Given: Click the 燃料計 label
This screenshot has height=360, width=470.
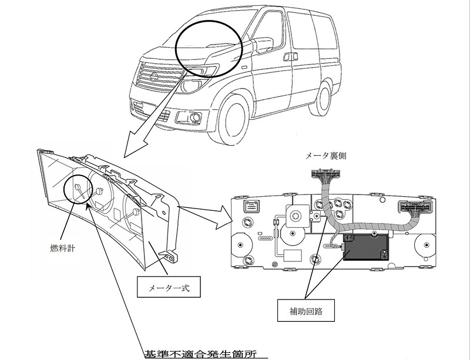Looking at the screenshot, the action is coord(62,248).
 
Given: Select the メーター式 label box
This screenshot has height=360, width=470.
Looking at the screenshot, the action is coord(169,287).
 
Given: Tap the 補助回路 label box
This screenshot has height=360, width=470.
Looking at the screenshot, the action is coord(305,310).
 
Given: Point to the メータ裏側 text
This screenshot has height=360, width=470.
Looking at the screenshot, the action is coord(325,156).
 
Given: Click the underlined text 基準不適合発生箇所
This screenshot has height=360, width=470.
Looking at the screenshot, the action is coord(201,354).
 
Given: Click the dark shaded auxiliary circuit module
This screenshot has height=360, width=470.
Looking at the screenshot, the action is coord(366,247).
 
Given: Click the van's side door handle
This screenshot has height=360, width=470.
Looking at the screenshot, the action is coord(290,56).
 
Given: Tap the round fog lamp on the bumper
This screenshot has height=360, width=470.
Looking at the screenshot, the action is coord(196,117).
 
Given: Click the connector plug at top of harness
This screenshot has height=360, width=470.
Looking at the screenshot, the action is coord(326,174).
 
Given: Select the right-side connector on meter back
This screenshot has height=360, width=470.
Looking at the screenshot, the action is coord(416,207).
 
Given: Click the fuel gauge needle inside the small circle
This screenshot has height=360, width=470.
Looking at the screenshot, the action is coord(79,191).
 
